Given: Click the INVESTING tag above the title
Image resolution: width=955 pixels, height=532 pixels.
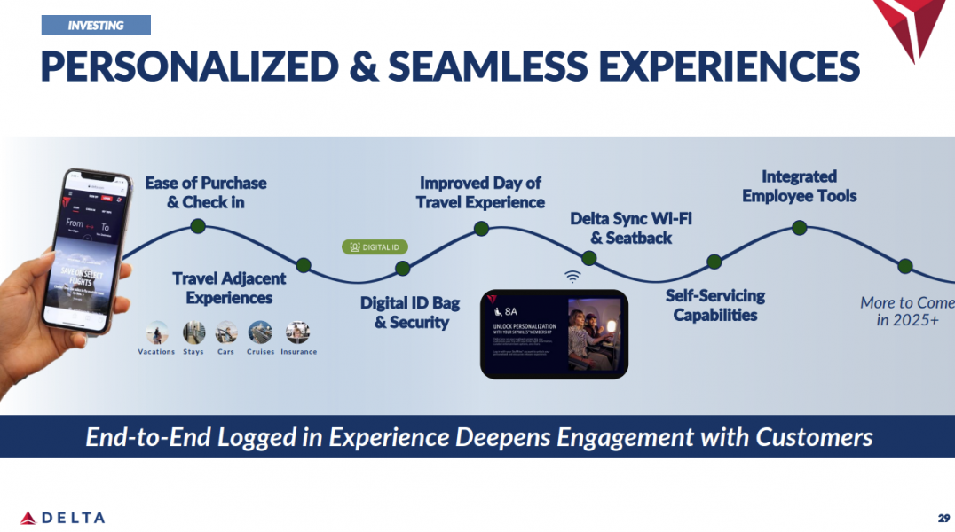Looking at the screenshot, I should point(96,25).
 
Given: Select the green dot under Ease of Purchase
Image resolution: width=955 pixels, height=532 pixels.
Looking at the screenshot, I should point(198,226).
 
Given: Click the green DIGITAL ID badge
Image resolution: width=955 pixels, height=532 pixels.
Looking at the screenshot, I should point(375,246).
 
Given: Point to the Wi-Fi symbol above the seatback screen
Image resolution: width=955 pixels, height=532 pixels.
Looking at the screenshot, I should point(572,276).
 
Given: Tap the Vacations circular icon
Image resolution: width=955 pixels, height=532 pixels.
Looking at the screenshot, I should point(157,332).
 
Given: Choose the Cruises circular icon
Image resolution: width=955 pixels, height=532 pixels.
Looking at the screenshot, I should point(260,332).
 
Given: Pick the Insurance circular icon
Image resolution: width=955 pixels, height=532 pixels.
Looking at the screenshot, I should point(297,332).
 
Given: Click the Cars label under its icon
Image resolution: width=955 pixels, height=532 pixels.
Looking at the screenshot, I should point(226,352).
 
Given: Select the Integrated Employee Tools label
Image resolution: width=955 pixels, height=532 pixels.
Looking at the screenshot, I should point(799,186).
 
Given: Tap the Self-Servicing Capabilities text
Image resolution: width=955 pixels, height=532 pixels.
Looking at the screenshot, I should point(714,305).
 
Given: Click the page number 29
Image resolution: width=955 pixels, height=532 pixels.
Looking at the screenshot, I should point(943,517).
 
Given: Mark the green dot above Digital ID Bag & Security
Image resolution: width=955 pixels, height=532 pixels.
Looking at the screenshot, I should point(402,268).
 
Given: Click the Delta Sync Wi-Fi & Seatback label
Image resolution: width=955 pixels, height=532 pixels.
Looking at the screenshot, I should point(630,228).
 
